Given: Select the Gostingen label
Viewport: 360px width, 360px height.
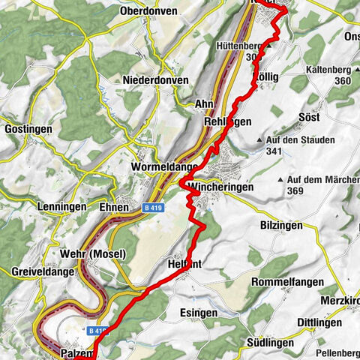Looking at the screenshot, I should click(27, 129).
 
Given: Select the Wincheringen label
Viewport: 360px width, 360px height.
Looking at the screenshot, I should click(221, 187).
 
